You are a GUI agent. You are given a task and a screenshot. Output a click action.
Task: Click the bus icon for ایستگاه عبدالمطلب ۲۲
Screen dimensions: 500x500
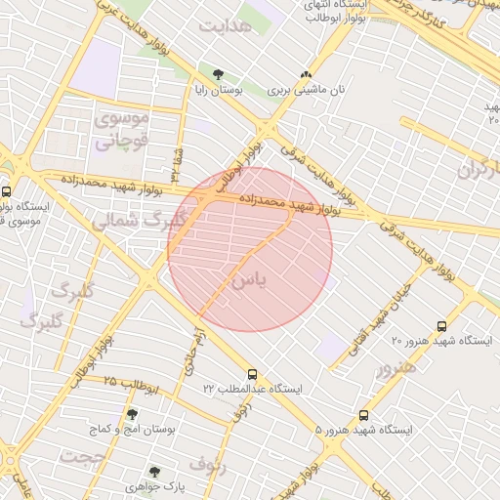click(253, 373)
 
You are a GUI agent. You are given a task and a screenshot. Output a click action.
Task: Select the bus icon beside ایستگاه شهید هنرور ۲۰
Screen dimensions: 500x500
click(441, 326)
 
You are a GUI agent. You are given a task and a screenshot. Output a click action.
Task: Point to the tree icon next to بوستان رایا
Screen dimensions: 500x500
click(217, 74)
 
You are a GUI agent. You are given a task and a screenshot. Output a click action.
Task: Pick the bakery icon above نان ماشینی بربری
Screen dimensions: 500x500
click(307, 74)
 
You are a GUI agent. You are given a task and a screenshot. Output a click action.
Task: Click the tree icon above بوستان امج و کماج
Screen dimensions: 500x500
click(133, 414)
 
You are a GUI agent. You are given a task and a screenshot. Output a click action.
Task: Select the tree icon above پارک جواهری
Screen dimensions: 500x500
click(154, 471)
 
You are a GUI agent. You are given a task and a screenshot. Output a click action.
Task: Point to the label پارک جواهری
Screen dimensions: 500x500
click(154, 485)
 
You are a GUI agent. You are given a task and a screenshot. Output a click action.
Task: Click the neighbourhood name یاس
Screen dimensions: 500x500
click(247, 280)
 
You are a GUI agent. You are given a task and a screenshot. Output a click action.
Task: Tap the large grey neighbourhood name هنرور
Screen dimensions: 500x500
click(396, 368)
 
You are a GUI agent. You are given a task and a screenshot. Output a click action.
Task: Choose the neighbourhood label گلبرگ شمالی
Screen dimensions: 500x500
click(137, 221)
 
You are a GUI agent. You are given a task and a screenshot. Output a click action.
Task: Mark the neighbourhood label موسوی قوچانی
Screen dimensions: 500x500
click(121, 130)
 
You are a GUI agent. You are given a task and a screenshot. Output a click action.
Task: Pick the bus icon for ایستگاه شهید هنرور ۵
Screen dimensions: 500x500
click(364, 415)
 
